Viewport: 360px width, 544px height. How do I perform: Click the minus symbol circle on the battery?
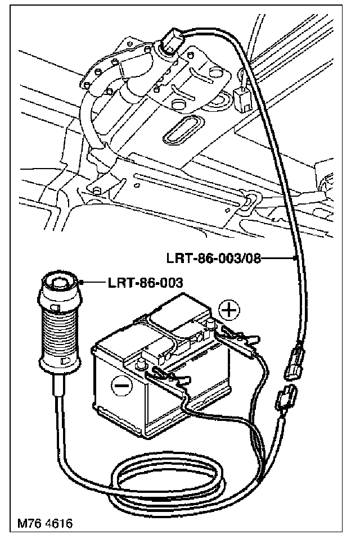[121, 386]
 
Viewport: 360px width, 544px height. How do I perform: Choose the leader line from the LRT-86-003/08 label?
[279, 259]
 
